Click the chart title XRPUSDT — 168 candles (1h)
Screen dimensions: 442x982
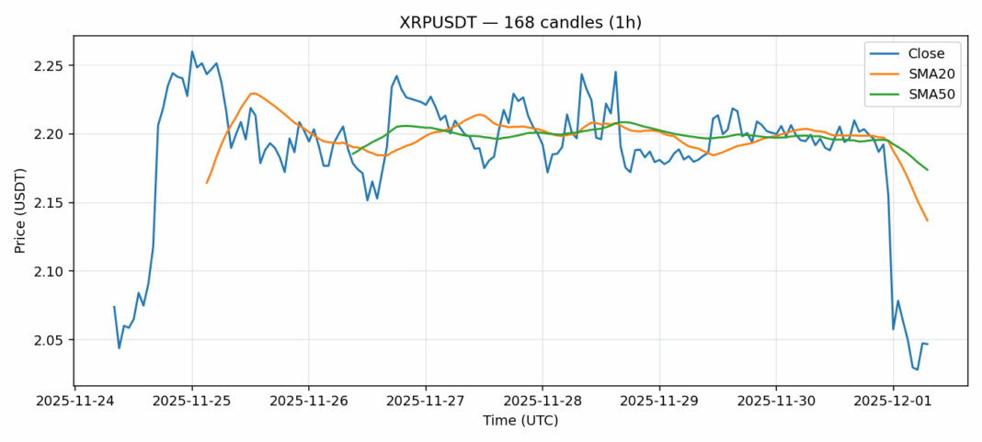(x=520, y=22)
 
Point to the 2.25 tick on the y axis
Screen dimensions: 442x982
(x=51, y=66)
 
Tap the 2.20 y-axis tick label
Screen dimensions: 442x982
(x=51, y=134)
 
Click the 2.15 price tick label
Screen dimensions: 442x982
(x=51, y=203)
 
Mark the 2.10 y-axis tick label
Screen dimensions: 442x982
(x=51, y=272)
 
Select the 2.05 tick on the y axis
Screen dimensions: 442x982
(x=51, y=340)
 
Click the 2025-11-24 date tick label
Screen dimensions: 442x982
(x=75, y=401)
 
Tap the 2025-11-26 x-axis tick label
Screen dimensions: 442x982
(x=309, y=401)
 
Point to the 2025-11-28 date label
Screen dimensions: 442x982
(x=542, y=401)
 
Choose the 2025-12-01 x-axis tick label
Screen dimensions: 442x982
(x=893, y=401)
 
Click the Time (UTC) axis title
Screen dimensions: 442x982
(x=520, y=421)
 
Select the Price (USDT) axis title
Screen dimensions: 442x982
(x=20, y=210)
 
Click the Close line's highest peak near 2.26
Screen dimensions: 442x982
(x=192, y=51)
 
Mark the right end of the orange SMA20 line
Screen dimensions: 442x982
(x=927, y=221)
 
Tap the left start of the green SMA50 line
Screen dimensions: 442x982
(x=353, y=154)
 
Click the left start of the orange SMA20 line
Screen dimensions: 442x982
(x=207, y=183)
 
